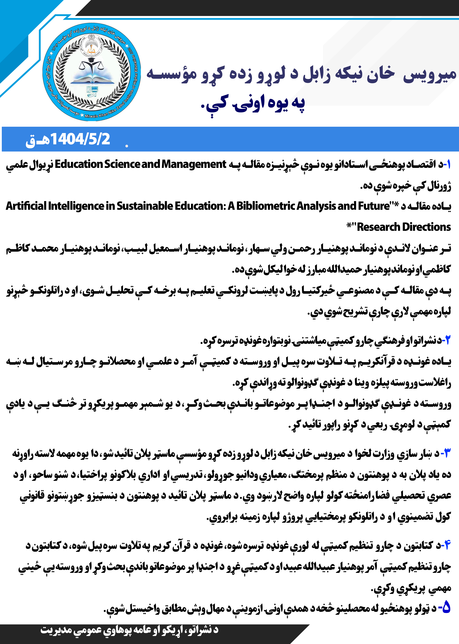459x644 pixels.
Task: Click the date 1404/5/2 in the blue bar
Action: click(x=80, y=139)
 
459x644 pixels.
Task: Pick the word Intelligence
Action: click(x=76, y=206)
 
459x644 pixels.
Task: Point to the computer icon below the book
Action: click(x=92, y=90)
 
